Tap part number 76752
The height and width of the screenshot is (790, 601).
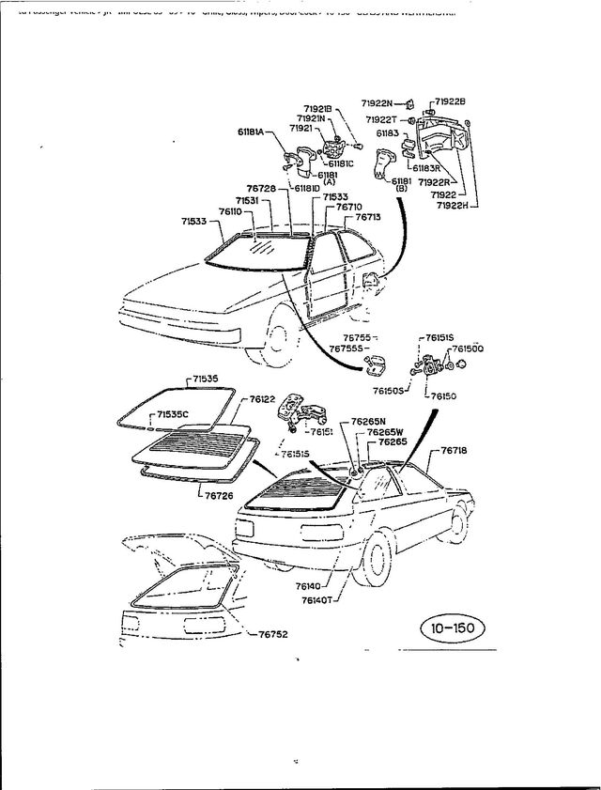coord(273,634)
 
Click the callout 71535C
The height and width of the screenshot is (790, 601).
coord(173,414)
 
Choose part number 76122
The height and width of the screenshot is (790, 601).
coord(262,399)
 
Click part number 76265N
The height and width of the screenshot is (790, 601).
coord(370,422)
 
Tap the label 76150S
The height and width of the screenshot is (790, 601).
coord(388,390)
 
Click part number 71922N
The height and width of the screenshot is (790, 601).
coord(379,102)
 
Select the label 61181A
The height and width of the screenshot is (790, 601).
coord(255,132)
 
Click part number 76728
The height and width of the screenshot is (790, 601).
coord(261,189)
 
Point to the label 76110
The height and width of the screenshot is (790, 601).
coord(232,212)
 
